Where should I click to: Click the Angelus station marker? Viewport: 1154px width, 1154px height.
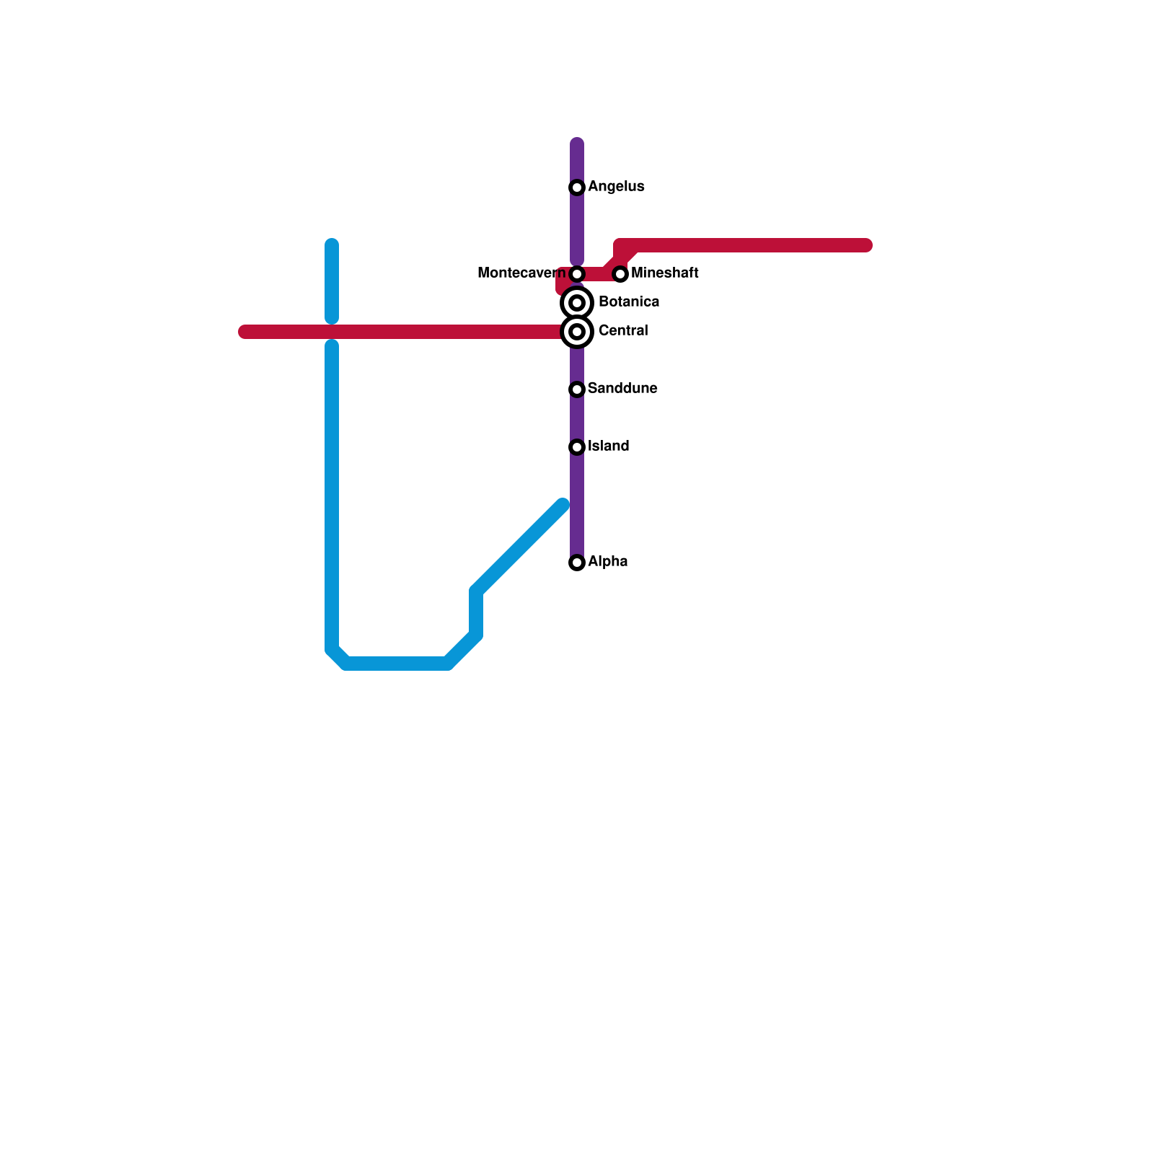[577, 188]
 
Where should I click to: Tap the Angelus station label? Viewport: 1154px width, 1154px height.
[616, 187]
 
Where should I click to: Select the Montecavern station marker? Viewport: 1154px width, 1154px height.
[577, 274]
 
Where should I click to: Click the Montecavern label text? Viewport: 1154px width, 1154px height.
[521, 273]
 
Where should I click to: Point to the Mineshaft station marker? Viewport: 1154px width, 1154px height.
[620, 274]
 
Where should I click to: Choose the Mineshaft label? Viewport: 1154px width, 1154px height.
[664, 273]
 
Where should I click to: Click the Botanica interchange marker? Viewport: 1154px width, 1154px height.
[577, 303]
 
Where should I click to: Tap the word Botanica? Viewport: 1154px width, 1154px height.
[628, 302]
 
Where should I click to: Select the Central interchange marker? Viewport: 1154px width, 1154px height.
[577, 332]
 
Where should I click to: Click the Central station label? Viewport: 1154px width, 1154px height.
[623, 331]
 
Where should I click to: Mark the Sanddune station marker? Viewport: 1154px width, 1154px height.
[577, 389]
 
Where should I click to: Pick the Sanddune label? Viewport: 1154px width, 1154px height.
[622, 389]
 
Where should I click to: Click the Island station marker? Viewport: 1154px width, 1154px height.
[577, 447]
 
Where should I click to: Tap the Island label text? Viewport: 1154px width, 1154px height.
[608, 446]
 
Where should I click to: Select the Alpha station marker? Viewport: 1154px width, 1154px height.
[577, 563]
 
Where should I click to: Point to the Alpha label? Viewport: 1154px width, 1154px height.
[607, 562]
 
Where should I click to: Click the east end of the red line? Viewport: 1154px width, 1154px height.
[867, 246]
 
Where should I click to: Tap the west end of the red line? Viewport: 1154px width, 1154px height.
[244, 332]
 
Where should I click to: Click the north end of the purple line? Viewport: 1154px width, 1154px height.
[577, 144]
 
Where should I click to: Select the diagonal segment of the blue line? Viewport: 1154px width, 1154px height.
[519, 548]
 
